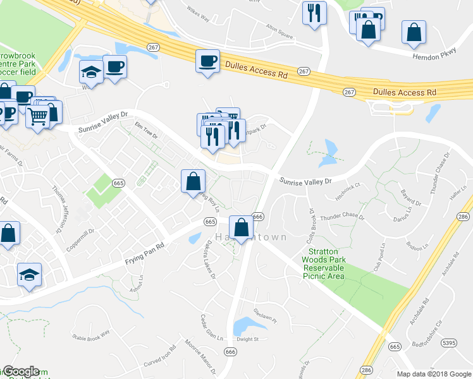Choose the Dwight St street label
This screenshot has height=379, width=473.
coord(248,339)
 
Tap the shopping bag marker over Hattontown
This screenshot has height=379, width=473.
coord(241,228)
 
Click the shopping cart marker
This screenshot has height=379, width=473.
coord(37,116)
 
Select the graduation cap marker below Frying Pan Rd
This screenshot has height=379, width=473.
coord(29,275)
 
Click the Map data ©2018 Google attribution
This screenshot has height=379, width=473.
coord(434,374)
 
